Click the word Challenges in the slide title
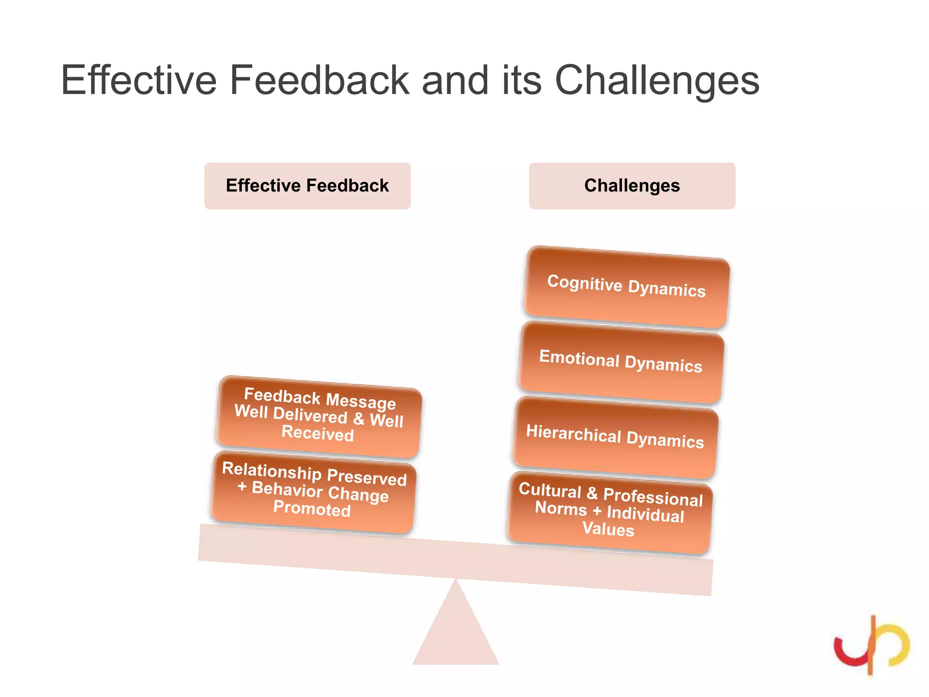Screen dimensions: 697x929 (657, 81)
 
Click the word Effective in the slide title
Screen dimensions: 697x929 (139, 81)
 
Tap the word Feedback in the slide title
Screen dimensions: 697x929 (319, 81)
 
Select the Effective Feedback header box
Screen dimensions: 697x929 (307, 186)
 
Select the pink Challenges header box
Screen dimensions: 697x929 (632, 186)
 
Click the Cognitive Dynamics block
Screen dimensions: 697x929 (626, 287)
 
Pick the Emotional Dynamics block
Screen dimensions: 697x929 (621, 362)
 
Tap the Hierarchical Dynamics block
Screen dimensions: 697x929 (615, 437)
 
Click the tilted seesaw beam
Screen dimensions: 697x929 (455, 560)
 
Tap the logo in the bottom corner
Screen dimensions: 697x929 (871, 645)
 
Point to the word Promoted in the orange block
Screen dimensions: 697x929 (312, 509)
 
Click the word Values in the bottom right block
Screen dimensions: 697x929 (608, 529)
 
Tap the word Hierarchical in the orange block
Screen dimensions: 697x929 (573, 433)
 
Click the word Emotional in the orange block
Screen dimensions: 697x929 (579, 358)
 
